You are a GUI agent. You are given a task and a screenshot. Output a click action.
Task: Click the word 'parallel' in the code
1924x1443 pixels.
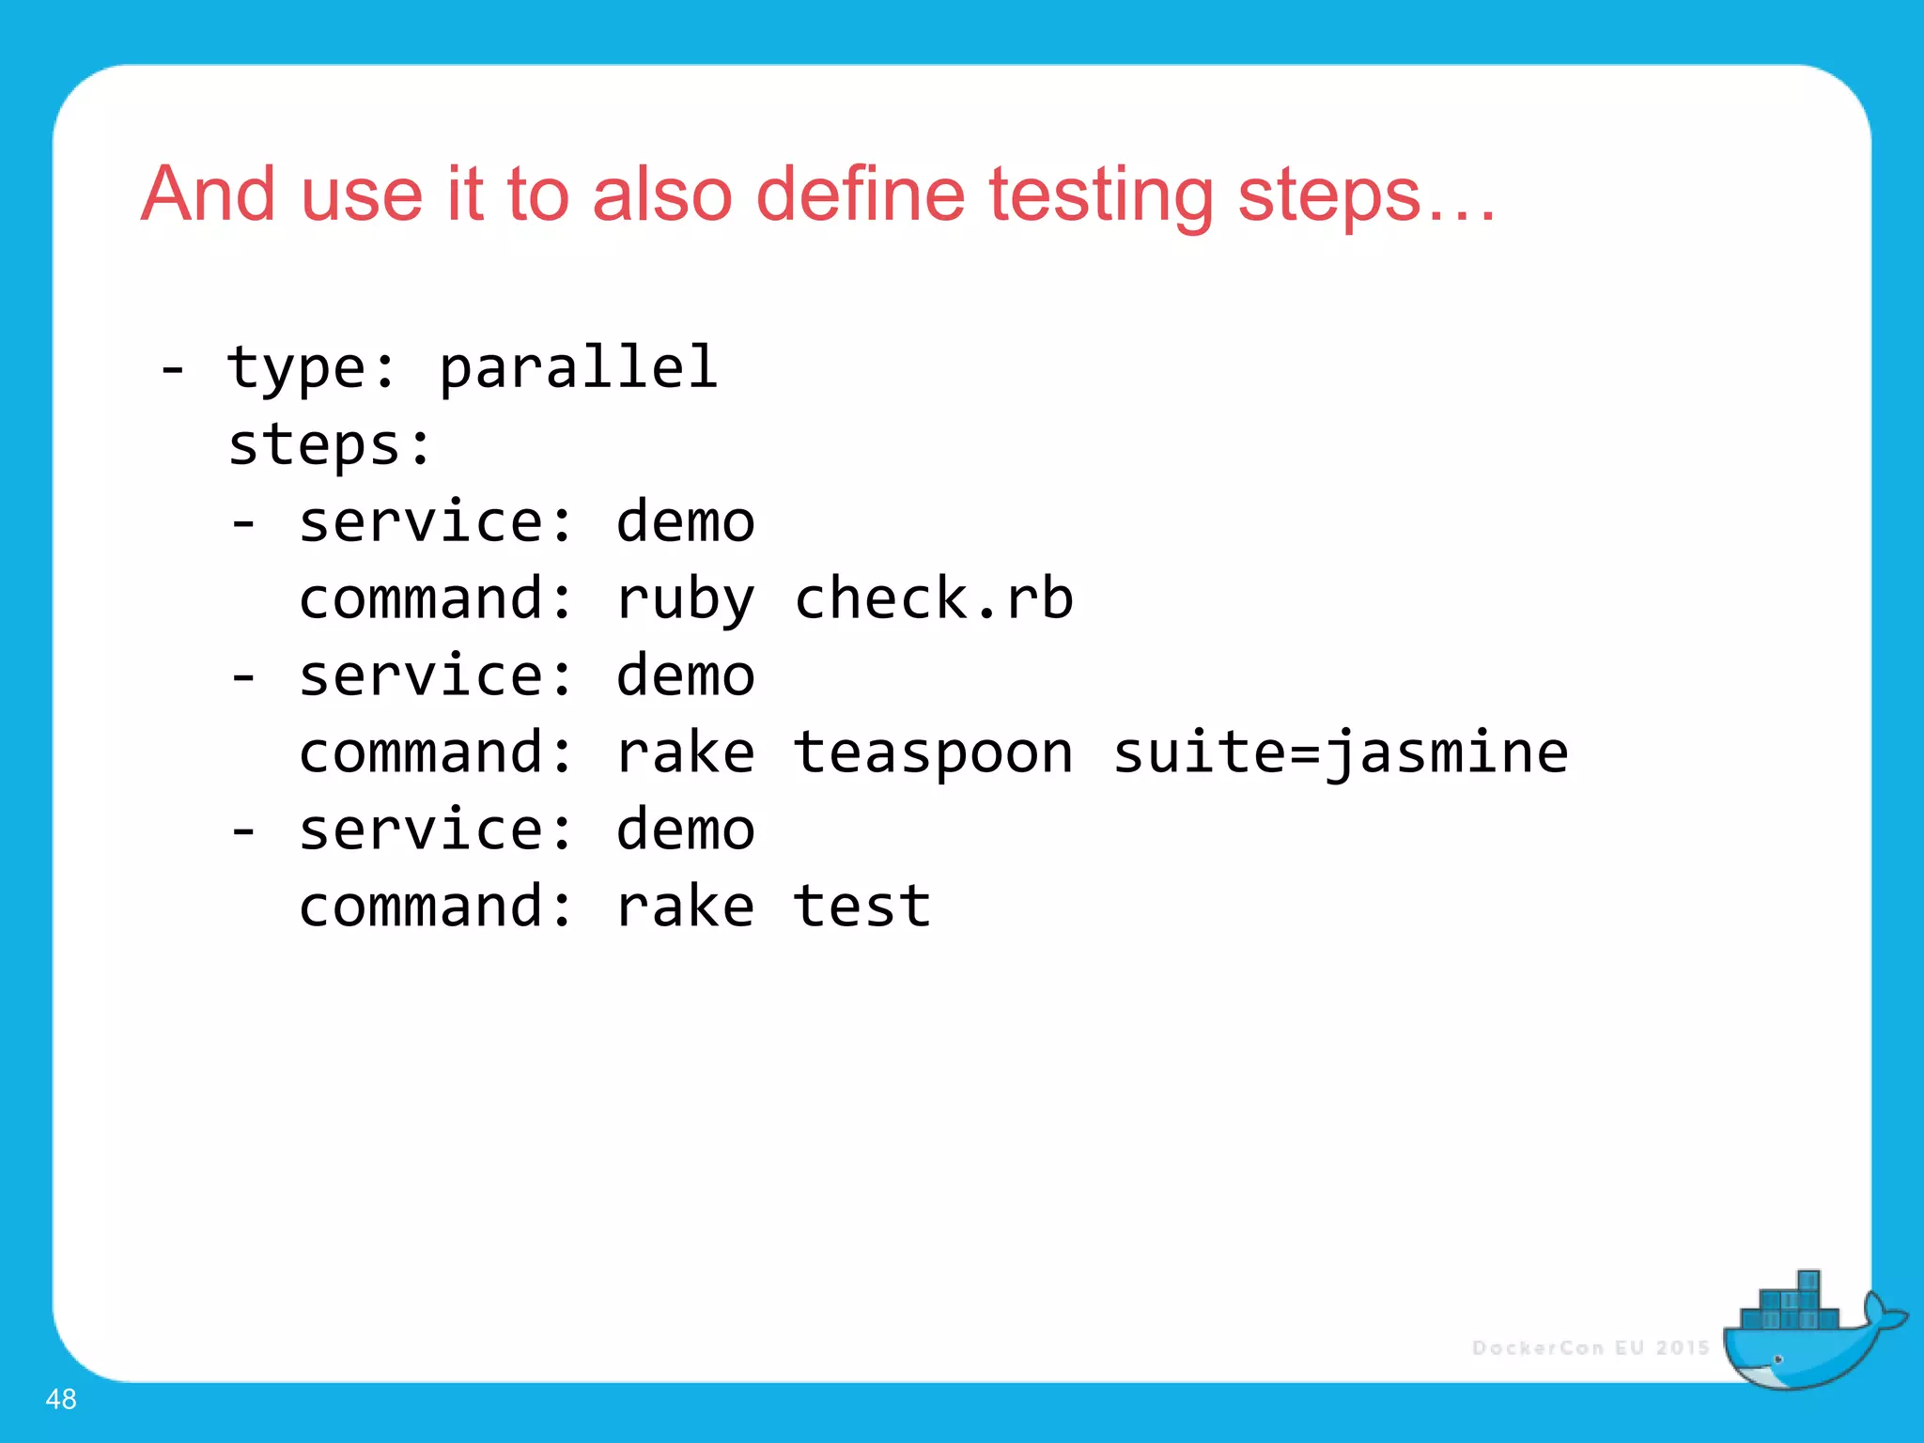pos(578,367)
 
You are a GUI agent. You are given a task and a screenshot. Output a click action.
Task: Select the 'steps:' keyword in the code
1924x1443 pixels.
pos(330,445)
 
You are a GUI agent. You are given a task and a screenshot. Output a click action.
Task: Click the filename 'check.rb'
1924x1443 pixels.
pos(933,598)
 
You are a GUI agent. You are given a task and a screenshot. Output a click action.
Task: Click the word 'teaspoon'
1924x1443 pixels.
pos(933,754)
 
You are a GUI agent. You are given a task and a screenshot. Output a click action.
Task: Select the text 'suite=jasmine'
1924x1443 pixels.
pos(1341,754)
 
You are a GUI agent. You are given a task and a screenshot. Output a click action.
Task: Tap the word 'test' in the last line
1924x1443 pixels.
pos(861,907)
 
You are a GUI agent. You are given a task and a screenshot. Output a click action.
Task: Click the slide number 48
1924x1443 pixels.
pos(61,1399)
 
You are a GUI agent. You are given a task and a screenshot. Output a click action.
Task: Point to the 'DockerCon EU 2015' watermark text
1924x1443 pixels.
pos(1590,1348)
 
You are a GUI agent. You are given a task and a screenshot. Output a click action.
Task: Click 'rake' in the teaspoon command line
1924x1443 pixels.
pos(685,753)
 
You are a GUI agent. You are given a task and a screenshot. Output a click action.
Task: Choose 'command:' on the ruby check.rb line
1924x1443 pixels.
pos(435,598)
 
